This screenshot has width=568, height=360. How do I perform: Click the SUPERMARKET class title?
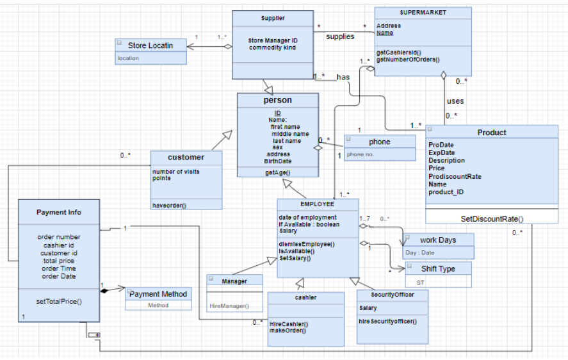click(x=423, y=13)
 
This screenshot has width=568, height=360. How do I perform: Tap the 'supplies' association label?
click(x=340, y=37)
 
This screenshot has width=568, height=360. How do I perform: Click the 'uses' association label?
click(x=455, y=101)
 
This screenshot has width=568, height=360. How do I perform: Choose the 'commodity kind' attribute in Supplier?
click(x=272, y=48)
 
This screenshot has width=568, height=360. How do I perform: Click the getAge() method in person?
click(x=277, y=173)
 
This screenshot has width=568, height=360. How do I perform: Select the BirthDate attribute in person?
click(x=277, y=161)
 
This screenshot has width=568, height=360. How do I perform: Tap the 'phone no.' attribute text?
click(x=359, y=154)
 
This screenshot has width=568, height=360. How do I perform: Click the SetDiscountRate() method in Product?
click(x=491, y=218)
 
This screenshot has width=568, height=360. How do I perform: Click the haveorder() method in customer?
click(x=169, y=205)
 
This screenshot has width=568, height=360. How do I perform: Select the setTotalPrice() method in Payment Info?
click(x=59, y=300)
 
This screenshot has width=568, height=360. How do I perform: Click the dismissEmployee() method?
click(x=306, y=244)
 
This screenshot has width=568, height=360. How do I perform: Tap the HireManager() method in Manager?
click(x=229, y=306)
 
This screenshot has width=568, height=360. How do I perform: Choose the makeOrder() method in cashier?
click(x=288, y=331)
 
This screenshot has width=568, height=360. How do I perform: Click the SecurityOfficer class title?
click(x=393, y=295)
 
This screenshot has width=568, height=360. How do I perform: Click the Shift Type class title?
click(x=438, y=269)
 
